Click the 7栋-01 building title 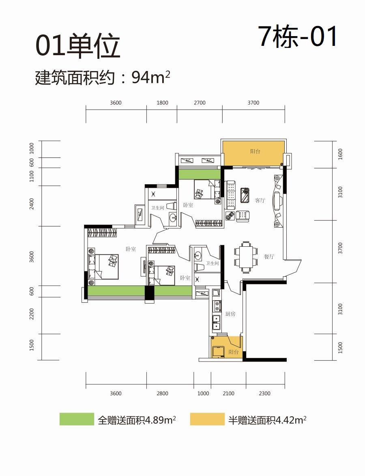pos(298,37)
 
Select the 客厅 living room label pos(260,200)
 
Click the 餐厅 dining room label pos(269,256)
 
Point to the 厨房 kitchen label pos(230,314)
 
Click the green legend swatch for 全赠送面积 pos(77,419)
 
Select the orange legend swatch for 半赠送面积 pos(207,419)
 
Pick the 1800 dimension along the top pos(162,103)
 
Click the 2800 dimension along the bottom pos(162,394)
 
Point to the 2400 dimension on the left pos(32,204)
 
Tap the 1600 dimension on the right pos(340,154)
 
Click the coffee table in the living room pos(245,195)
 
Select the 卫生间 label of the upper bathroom pos(157,208)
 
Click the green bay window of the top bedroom pos(200,174)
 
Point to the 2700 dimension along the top pos(200,103)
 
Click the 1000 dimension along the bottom pos(203,394)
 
